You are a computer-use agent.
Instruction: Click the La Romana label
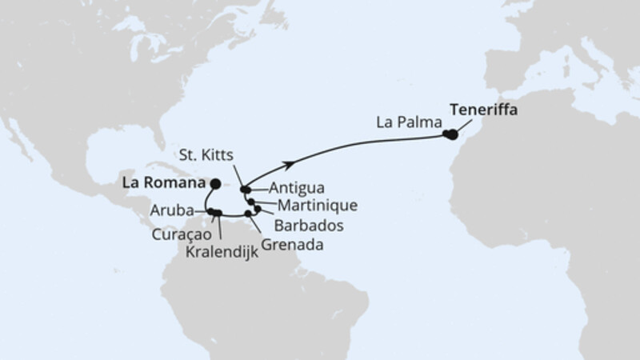(160, 182)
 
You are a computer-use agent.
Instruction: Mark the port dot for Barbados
(258, 208)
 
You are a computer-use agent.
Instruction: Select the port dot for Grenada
(249, 214)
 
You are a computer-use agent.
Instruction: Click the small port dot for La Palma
(446, 134)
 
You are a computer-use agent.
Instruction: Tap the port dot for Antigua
(250, 190)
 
